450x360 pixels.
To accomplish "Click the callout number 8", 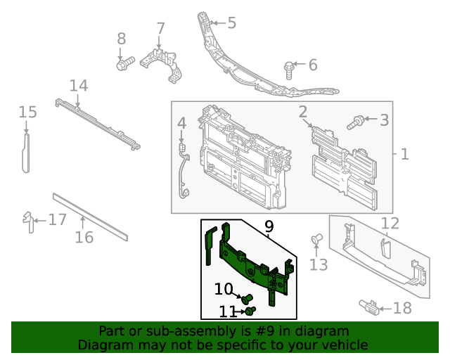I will tap(121, 39).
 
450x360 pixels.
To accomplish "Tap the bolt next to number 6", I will tap(289, 68).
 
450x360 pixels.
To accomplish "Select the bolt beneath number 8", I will tap(122, 65).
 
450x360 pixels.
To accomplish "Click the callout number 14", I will tap(79, 86).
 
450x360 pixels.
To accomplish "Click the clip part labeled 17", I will tap(28, 221).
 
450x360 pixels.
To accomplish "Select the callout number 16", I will tap(84, 238).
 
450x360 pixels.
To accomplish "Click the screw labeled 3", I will tap(356, 123).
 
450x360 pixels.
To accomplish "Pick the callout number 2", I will tap(303, 111).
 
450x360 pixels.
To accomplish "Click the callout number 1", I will tap(404, 153).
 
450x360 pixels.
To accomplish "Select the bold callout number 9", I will tap(268, 226).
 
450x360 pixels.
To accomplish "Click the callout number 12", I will tap(390, 224).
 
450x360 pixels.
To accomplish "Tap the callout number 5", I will tap(231, 23).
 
